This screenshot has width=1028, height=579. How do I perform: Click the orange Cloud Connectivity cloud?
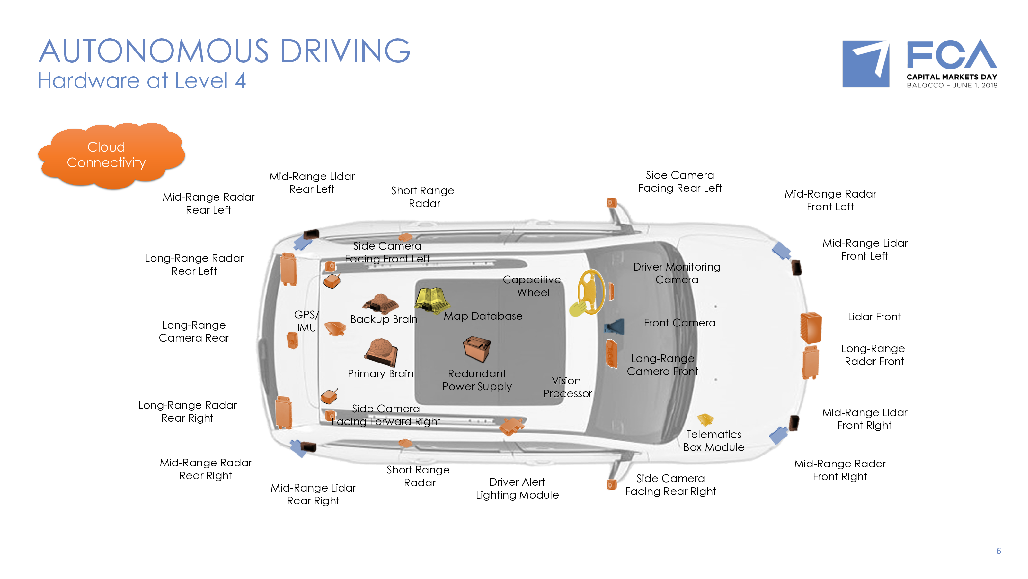110,155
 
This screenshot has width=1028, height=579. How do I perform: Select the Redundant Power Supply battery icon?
476,348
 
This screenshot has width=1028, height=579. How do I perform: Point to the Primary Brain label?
380,373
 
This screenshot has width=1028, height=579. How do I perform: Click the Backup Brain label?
384,319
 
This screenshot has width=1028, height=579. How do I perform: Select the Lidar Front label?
874,317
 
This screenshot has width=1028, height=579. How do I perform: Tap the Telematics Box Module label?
713,441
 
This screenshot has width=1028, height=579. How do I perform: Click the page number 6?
998,551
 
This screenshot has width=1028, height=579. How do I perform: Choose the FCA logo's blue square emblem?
865,64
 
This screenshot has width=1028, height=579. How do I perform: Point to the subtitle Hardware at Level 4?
142,81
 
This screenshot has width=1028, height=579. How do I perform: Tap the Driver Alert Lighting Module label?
517,488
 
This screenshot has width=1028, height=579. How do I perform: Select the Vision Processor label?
567,387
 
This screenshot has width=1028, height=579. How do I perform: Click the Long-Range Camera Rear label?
194,331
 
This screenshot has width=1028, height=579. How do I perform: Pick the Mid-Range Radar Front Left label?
830,200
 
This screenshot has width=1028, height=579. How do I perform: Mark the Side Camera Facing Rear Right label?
670,485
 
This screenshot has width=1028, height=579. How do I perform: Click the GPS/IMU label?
306,321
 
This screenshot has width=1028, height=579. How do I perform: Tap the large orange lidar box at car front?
811,328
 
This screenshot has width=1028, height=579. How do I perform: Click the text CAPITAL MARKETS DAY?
952,77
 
